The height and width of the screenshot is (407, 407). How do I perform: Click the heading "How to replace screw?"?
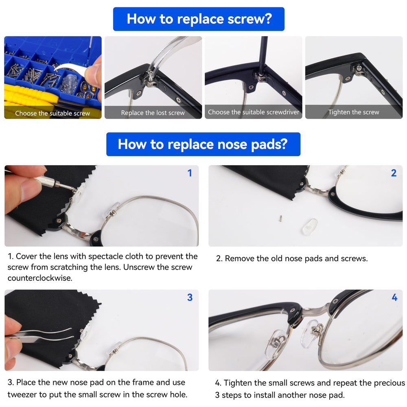(199, 19)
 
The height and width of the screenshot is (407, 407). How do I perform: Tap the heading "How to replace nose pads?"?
(203, 144)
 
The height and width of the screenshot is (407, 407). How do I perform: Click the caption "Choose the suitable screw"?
(53, 114)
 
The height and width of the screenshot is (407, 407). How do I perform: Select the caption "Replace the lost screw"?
(153, 113)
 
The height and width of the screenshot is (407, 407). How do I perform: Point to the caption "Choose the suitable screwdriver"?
(254, 112)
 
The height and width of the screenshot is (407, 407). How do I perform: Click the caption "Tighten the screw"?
(354, 112)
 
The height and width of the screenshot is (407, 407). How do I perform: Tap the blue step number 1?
(190, 173)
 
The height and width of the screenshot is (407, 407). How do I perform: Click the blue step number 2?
(394, 173)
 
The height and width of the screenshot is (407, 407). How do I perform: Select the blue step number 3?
(190, 297)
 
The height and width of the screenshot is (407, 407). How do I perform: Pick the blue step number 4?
(394, 297)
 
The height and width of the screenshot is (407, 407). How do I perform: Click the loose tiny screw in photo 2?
(280, 219)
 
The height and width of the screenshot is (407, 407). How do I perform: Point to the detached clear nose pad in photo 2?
(309, 227)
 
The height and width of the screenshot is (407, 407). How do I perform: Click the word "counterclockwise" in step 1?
(40, 278)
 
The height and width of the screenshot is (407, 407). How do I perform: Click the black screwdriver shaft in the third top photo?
(263, 55)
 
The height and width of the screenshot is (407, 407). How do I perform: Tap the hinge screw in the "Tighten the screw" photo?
(359, 68)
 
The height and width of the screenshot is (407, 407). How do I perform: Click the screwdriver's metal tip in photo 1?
(69, 188)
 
